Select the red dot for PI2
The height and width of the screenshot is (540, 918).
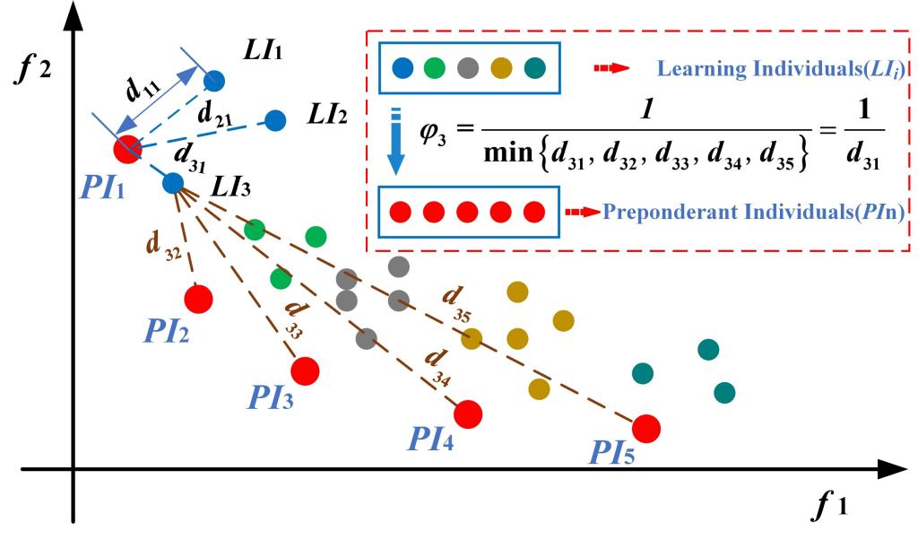pos(198,298)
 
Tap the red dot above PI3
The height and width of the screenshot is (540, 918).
pos(305,370)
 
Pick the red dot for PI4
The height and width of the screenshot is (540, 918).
pos(468,414)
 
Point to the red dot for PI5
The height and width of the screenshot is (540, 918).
pos(646,429)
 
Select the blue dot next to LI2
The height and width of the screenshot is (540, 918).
pos(275,119)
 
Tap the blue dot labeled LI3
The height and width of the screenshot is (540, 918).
pos(173,183)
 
